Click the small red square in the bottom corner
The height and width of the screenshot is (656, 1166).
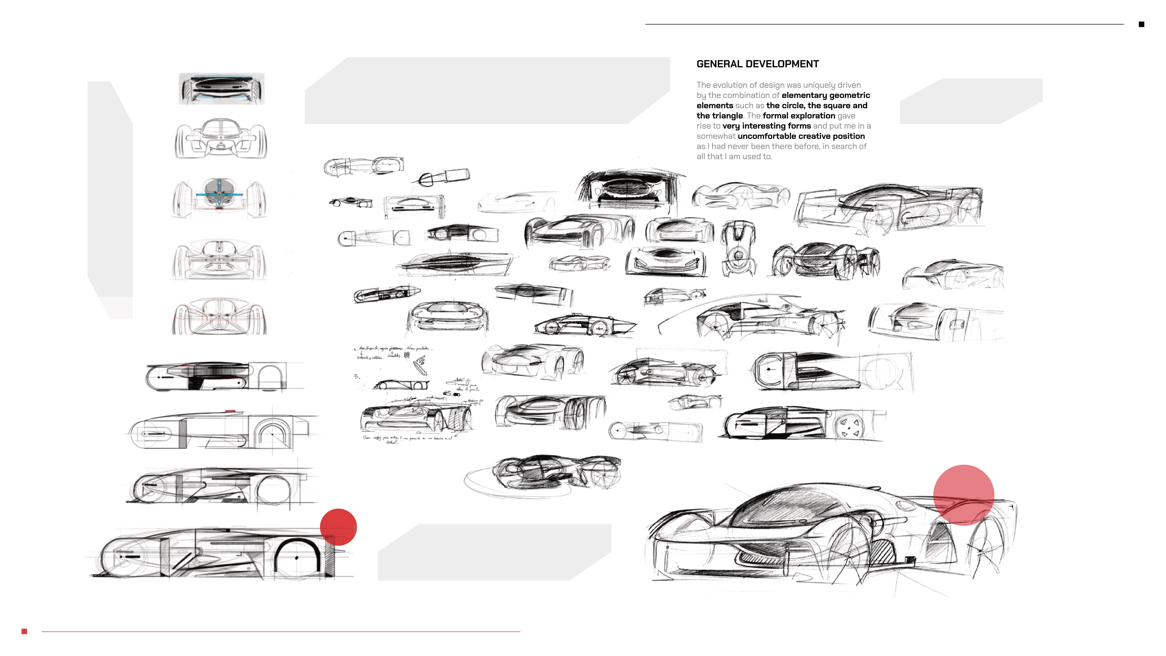click(24, 631)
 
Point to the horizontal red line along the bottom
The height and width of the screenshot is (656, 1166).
click(281, 631)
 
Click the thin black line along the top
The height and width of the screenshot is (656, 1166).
click(883, 24)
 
